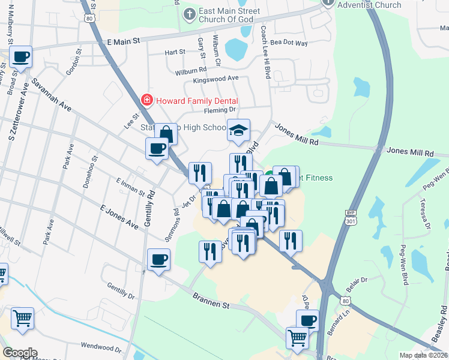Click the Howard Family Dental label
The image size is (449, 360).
click(197, 101)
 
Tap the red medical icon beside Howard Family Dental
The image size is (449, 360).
click(145, 100)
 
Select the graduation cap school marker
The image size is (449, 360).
click(238, 130)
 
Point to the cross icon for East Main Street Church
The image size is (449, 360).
click(190, 14)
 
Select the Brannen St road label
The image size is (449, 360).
click(211, 301)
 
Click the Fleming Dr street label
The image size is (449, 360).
click(220, 110)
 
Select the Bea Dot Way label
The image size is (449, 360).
click(289, 43)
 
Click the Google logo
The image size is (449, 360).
click(20, 353)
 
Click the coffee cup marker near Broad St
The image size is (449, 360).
click(21, 58)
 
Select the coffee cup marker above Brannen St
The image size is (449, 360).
click(158, 260)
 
